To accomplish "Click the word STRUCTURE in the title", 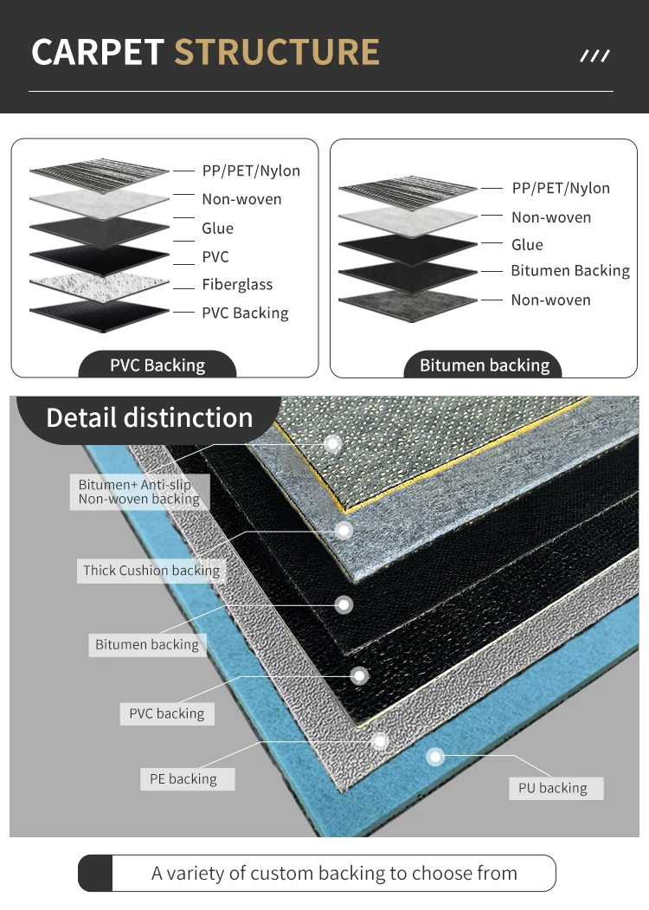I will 277,52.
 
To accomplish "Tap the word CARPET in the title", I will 98,52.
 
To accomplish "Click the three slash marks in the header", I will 594,56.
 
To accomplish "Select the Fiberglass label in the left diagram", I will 237,284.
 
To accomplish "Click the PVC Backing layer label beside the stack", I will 245,313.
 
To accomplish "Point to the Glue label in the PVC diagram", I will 217,228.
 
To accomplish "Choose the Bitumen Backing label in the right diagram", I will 570,271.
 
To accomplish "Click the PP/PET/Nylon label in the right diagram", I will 561,188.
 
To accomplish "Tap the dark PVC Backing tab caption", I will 157,365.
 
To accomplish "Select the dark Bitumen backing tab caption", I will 485,365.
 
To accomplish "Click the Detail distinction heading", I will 149,417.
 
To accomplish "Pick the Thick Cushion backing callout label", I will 151,571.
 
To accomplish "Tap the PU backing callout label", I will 553,788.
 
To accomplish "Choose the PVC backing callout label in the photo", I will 167,713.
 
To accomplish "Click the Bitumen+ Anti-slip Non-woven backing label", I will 139,492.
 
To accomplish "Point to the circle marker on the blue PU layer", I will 435,757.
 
